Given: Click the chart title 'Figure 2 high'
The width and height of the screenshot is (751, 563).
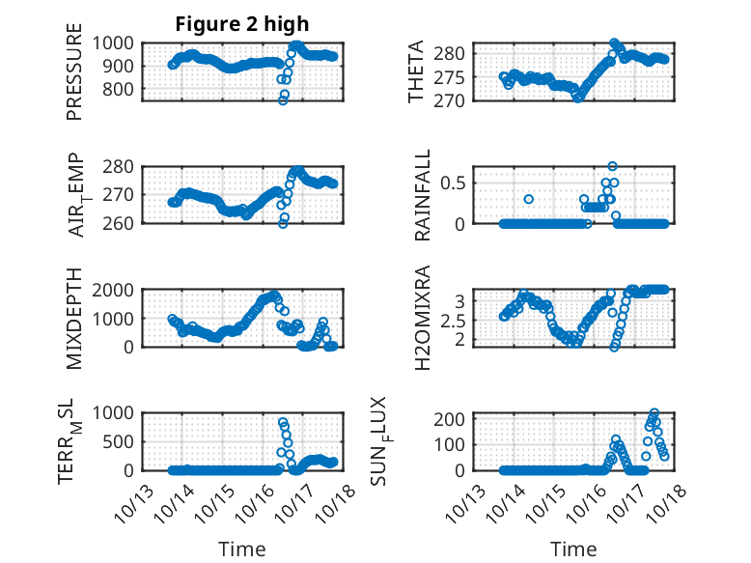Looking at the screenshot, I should coord(241,24).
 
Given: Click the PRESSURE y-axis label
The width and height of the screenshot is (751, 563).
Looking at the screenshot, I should coord(74,79).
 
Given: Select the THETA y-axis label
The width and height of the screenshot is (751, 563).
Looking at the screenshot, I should coord(416,72).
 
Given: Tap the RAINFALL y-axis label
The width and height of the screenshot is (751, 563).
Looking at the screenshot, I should coord(422,196).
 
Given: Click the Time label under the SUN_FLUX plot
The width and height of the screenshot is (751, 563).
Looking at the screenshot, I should coord(573,549).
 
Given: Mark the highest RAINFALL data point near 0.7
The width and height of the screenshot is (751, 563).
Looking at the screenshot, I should coord(612,166).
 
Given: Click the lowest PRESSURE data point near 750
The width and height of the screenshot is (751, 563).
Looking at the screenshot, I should coord(283,100).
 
